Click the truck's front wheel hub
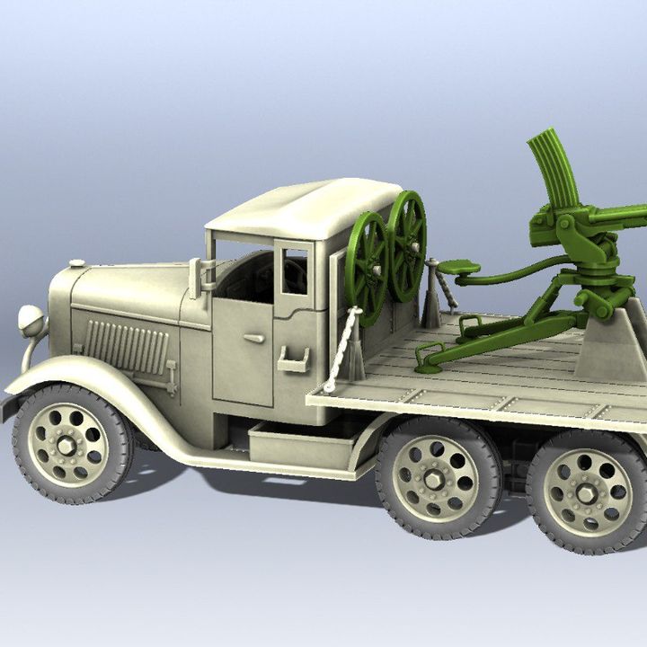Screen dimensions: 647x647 coord(68,445)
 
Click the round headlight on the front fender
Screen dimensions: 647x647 coord(31,319)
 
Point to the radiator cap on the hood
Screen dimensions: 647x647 coord(77,264)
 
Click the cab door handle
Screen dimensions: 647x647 coord(254,338)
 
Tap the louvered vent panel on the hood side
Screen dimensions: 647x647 coord(126,346)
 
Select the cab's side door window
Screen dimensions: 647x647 coord(294,270)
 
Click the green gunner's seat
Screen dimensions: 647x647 coord(458,267)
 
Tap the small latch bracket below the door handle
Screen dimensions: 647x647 coord(293,361)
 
